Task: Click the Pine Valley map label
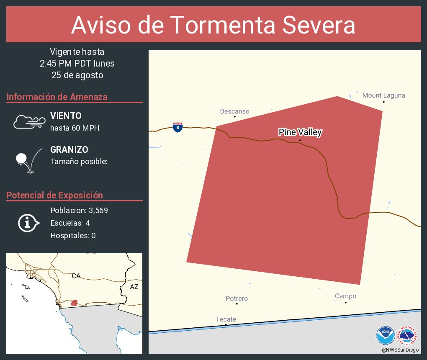click(x=300, y=132)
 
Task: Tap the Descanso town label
click(x=234, y=111)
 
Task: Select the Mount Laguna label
click(x=383, y=95)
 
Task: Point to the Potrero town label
click(x=237, y=298)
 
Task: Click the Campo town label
click(x=345, y=296)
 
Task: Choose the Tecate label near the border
click(x=226, y=319)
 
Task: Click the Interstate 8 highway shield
click(x=177, y=127)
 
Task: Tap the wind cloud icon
click(x=29, y=121)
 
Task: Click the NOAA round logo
click(x=385, y=334)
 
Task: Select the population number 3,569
click(x=98, y=211)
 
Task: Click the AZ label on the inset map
click(x=134, y=287)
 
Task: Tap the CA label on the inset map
click(x=76, y=276)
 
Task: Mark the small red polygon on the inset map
click(x=74, y=303)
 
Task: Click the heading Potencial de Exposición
click(x=54, y=195)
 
